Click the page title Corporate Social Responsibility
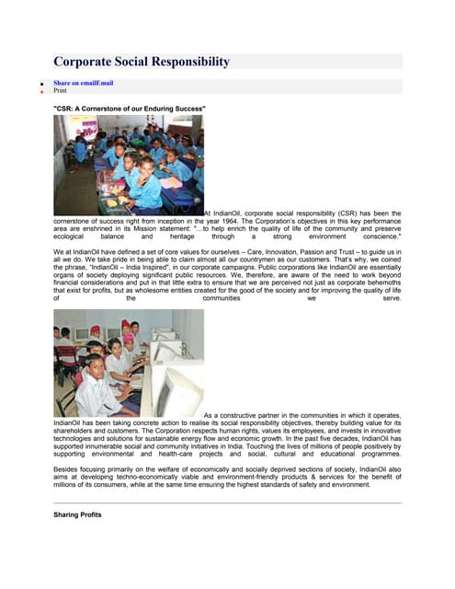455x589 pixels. tap(141, 63)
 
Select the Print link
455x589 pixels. tap(61, 91)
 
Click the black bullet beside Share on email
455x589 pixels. tap(40, 85)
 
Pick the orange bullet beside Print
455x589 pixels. tap(40, 92)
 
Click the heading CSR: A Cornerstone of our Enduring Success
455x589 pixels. tap(129, 109)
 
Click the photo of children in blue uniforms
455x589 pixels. tap(129, 165)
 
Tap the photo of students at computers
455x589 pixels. tap(129, 364)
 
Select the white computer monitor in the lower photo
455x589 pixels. tap(175, 382)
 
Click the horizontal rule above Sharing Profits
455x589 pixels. tap(227, 503)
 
